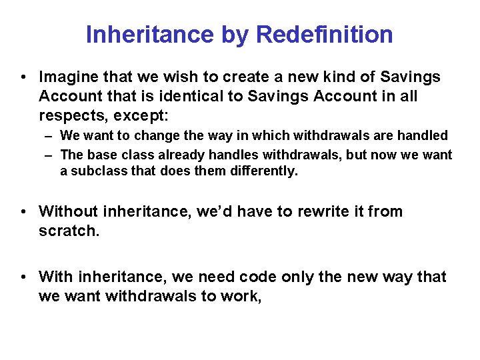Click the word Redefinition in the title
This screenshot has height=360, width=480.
(324, 35)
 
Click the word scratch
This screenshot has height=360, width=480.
(69, 231)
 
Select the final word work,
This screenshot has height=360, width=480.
(241, 295)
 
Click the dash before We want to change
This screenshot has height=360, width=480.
(50, 136)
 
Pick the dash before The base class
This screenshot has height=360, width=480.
(50, 155)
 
